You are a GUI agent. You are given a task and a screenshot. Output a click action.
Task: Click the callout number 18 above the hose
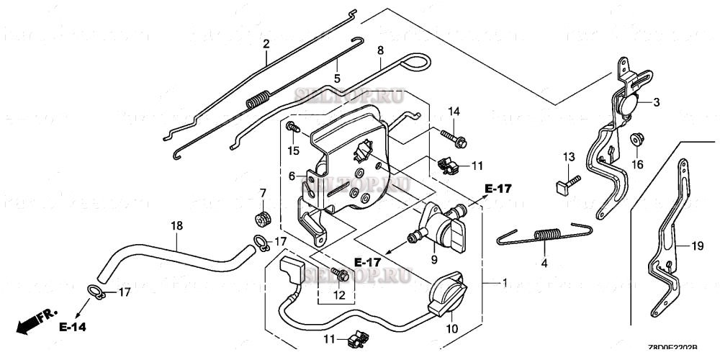click(176, 226)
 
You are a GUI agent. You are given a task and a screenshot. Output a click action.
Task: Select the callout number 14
click(454, 111)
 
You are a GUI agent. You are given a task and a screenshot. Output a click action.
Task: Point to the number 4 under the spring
click(544, 264)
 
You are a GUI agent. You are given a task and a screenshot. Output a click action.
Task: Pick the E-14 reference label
click(73, 327)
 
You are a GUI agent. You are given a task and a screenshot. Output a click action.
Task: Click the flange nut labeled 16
click(636, 139)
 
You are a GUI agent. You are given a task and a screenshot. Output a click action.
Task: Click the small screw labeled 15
click(292, 127)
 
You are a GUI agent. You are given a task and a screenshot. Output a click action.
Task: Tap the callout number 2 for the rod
click(266, 44)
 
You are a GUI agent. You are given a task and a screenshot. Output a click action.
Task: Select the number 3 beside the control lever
click(657, 103)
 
